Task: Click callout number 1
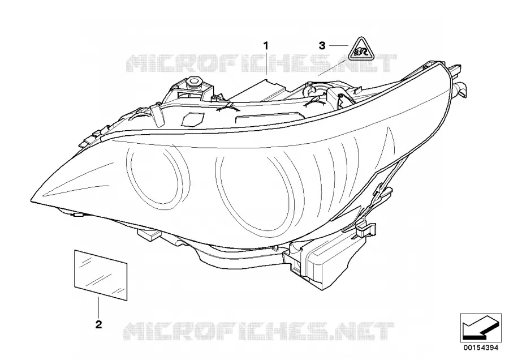point(266,46)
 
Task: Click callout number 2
point(98,324)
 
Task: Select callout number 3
point(322,46)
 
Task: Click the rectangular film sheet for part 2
point(101,275)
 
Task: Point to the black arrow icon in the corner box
point(480,328)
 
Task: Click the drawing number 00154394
point(481,348)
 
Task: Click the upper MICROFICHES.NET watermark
point(261,63)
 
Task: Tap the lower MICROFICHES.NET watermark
point(259,331)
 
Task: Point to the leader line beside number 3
point(339,45)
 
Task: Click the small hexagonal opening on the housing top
point(192,118)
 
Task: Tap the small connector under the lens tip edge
point(78,215)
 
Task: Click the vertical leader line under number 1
point(266,63)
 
